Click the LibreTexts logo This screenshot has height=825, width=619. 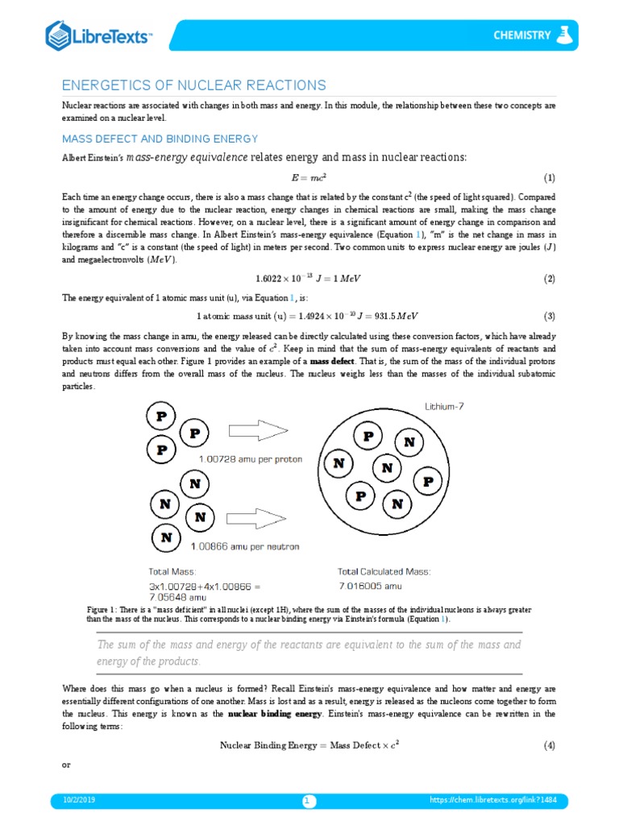(x=98, y=35)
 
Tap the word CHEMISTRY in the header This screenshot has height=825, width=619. (x=522, y=35)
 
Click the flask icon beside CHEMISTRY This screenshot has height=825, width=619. (x=565, y=35)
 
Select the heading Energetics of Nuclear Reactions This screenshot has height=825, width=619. (x=194, y=85)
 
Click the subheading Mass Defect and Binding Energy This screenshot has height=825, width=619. (x=160, y=139)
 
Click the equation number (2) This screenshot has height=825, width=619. (x=549, y=279)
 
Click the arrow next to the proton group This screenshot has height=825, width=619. (x=256, y=429)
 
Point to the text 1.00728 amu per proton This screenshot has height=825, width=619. (x=251, y=458)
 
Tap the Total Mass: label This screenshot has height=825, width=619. (x=172, y=571)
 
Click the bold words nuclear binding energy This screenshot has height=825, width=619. (x=275, y=714)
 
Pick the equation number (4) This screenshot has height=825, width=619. (x=549, y=745)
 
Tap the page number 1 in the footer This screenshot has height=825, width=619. (x=309, y=800)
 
